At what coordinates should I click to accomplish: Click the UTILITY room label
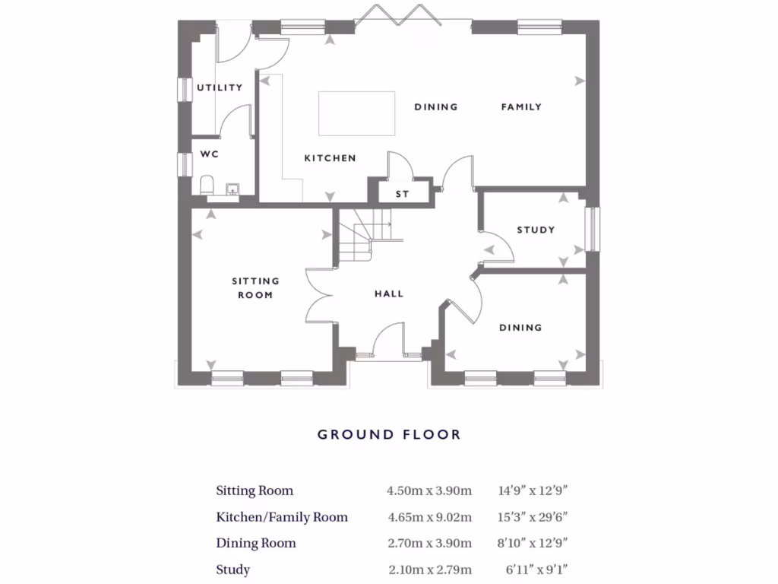[220, 87]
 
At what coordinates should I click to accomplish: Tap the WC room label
[210, 154]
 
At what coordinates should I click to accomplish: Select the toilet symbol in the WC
[206, 185]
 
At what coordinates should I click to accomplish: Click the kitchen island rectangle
[356, 113]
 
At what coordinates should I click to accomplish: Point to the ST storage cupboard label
[402, 194]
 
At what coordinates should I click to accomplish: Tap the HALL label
[388, 294]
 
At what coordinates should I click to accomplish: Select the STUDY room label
[536, 230]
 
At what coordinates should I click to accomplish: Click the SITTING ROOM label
[255, 287]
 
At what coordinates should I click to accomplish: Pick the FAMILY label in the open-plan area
[521, 107]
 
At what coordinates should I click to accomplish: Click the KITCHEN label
[330, 158]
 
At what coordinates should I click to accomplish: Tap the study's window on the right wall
[592, 229]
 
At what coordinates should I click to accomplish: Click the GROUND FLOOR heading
[388, 435]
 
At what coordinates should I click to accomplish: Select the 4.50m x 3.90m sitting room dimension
[429, 490]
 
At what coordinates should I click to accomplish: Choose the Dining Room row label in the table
[256, 543]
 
